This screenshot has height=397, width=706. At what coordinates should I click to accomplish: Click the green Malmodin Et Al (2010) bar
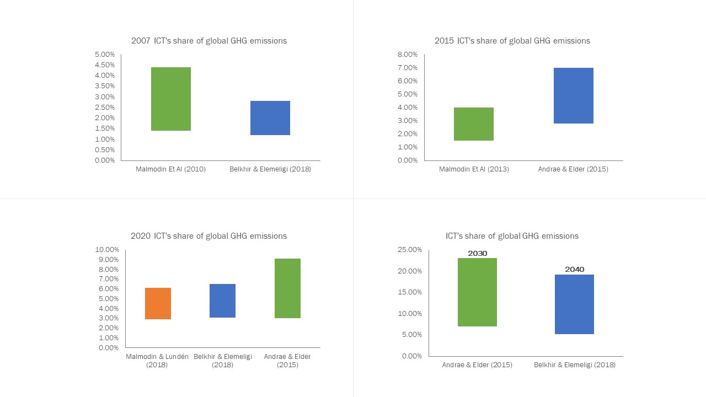click(x=171, y=99)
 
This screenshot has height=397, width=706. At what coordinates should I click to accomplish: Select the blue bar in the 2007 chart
click(x=270, y=118)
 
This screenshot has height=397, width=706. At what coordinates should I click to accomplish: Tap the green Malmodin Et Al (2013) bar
click(x=474, y=124)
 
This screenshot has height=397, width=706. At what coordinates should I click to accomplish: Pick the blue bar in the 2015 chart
click(x=574, y=96)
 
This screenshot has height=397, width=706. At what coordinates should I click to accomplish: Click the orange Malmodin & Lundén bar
click(x=158, y=303)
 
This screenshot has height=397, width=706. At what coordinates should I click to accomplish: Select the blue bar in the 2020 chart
click(x=222, y=301)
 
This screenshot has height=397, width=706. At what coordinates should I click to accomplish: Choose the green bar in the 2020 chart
click(x=287, y=288)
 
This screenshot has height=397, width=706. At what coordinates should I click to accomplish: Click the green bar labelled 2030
click(x=477, y=292)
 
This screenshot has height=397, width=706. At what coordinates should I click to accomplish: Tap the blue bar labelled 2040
click(x=574, y=304)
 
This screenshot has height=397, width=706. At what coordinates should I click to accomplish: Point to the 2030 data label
click(x=478, y=254)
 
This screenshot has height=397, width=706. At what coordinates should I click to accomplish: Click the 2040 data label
click(x=574, y=270)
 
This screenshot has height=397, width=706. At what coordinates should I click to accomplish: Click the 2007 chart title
click(x=209, y=41)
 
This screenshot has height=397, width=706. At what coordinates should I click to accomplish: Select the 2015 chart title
click(x=512, y=41)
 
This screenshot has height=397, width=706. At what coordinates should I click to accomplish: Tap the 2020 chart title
click(x=209, y=236)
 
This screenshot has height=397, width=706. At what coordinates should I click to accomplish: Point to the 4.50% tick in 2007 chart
click(x=105, y=65)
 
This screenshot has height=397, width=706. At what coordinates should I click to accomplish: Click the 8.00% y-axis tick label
click(x=408, y=55)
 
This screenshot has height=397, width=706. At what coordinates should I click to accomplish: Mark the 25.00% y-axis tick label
click(x=410, y=250)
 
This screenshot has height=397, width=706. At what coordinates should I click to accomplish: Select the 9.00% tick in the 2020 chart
click(x=108, y=260)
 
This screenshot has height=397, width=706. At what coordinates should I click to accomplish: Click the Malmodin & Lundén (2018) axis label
click(x=157, y=361)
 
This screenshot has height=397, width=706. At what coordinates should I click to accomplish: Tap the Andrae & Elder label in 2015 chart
click(x=573, y=169)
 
